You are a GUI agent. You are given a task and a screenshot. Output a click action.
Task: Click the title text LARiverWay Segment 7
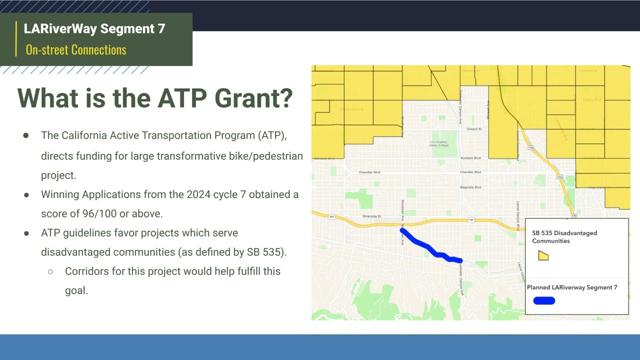(94, 28)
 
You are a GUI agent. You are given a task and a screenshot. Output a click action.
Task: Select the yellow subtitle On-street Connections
(76, 49)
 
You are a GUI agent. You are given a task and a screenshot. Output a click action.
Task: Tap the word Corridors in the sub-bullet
(87, 271)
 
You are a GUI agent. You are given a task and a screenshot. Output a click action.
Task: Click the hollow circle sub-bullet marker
(50, 272)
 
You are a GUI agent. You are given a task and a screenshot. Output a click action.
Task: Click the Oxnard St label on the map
(473, 129)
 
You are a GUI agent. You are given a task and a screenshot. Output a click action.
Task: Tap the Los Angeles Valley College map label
(439, 144)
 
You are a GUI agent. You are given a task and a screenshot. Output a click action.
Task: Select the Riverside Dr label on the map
(372, 216)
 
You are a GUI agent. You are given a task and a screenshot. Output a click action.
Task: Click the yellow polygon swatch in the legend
(543, 256)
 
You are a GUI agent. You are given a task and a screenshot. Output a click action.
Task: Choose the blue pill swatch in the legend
(544, 300)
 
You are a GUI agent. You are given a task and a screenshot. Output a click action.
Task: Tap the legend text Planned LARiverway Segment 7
(572, 287)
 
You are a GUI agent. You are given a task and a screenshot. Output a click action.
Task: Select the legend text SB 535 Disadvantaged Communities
(564, 236)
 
